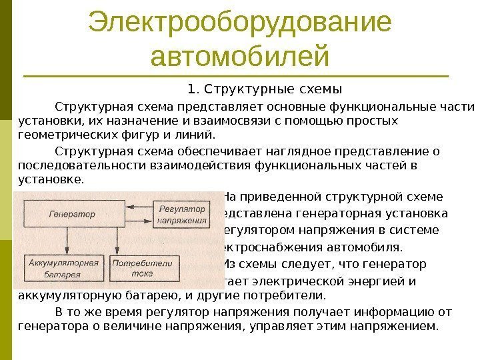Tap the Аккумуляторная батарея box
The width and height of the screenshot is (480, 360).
pyautogui.click(x=55, y=267)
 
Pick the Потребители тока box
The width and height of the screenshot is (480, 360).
pyautogui.click(x=134, y=267)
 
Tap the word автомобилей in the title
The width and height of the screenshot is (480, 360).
pyautogui.click(x=240, y=56)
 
